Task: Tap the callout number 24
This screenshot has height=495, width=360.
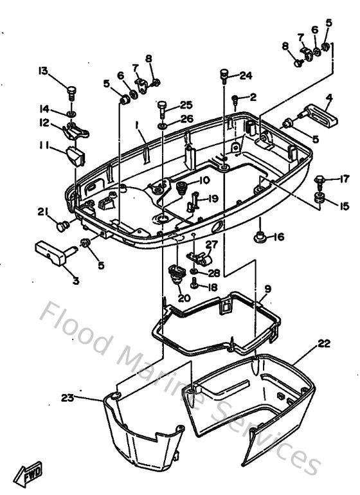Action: click(246, 76)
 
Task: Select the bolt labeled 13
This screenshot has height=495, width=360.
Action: click(72, 93)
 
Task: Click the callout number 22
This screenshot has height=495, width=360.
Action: click(324, 343)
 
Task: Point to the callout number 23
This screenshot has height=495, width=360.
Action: click(67, 398)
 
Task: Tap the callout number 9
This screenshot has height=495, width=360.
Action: click(268, 289)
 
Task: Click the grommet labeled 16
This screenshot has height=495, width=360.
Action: click(259, 237)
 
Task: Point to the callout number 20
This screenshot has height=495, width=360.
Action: click(184, 298)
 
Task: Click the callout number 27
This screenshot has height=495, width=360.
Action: click(212, 244)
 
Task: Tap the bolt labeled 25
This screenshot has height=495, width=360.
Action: click(162, 109)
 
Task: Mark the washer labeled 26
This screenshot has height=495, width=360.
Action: click(163, 126)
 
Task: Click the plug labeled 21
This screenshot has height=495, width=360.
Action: click(62, 226)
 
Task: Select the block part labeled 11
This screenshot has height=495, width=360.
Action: click(76, 156)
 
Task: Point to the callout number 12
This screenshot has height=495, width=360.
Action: click(44, 123)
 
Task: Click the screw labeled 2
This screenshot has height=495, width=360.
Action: click(235, 101)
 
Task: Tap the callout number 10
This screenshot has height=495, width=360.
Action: click(204, 180)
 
